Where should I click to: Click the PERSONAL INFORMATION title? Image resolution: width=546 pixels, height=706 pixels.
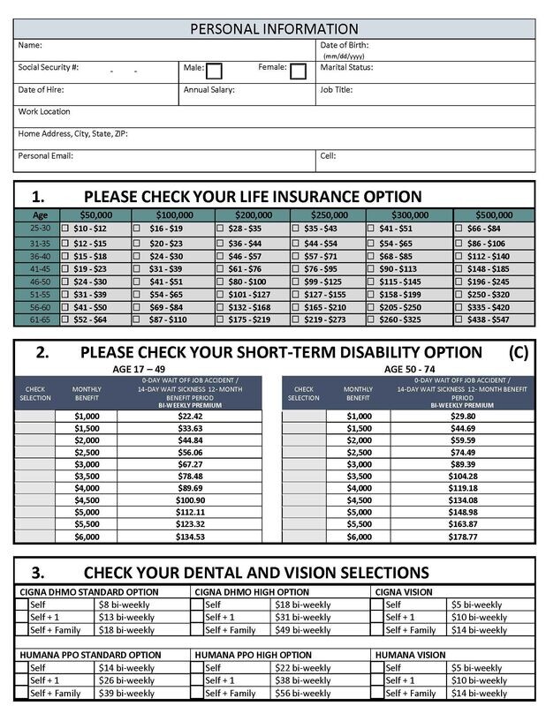coord(274,29)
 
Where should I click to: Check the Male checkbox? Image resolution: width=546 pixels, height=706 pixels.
coord(214,71)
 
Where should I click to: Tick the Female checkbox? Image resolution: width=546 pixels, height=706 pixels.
coord(298,71)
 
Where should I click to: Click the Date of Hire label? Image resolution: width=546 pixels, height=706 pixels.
coord(41,90)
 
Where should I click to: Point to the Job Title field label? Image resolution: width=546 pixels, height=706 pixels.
coord(337,90)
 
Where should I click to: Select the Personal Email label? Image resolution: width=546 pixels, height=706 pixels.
coord(45,155)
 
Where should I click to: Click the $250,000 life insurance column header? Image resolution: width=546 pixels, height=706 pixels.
coord(326,214)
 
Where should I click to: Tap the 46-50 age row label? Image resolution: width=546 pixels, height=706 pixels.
coord(39,281)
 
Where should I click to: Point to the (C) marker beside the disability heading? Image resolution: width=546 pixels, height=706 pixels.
coord(518,352)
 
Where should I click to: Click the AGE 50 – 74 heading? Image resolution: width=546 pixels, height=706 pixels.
coord(414,368)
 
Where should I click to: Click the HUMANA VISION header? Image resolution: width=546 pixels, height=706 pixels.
coord(410,655)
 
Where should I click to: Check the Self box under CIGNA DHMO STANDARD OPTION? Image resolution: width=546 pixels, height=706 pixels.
coord(21,605)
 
